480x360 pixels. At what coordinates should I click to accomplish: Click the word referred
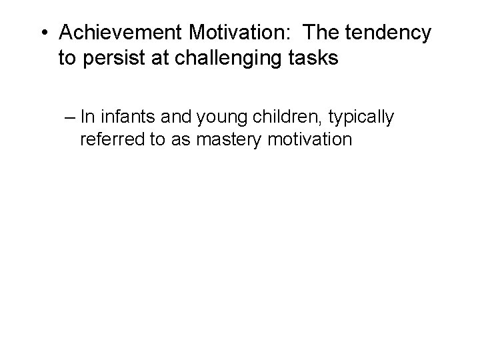109,141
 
